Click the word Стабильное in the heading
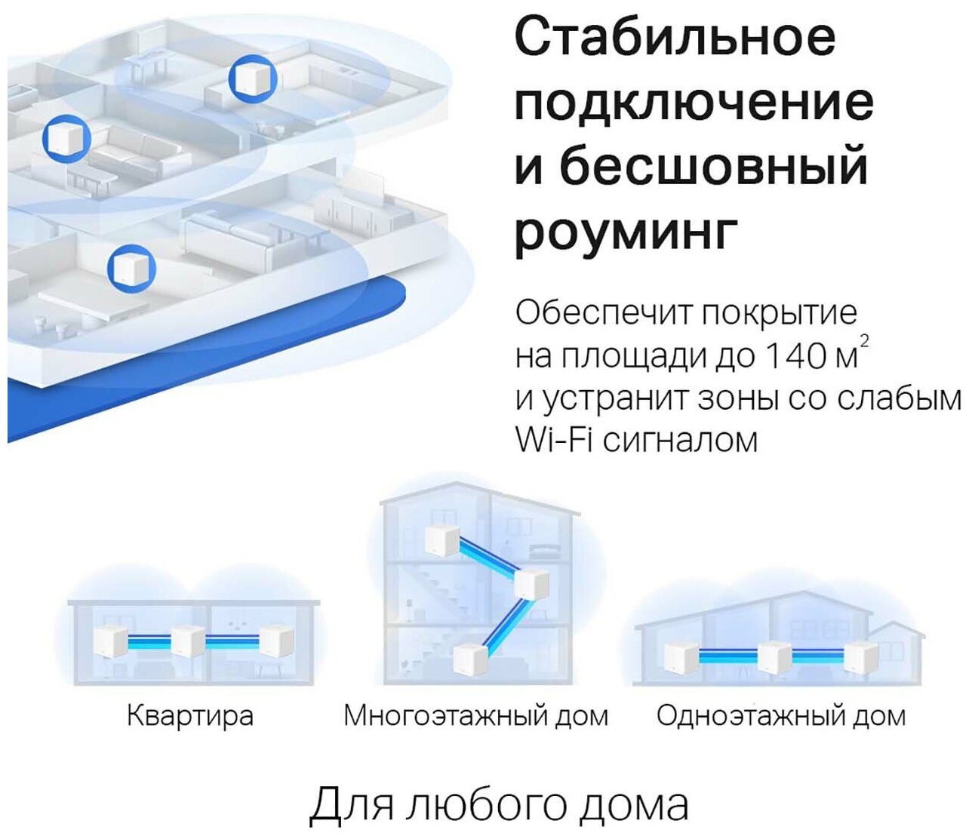[675, 38]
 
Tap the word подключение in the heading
[694, 104]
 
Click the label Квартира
[189, 715]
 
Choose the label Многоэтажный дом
[475, 715]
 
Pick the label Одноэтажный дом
[780, 715]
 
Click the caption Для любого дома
[499, 804]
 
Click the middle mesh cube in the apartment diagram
[186, 641]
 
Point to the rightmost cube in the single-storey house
[860, 654]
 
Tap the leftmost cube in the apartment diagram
[109, 642]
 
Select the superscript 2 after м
[865, 342]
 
